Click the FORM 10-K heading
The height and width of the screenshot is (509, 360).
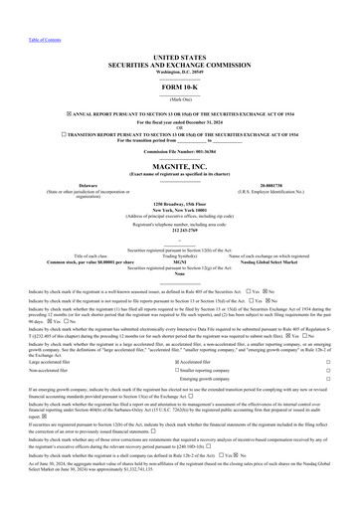coord(179,89)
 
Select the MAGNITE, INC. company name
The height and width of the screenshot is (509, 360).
coord(179,167)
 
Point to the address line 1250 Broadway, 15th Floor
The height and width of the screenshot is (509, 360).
coord(179,204)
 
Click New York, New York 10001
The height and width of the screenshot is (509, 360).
coord(179,210)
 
